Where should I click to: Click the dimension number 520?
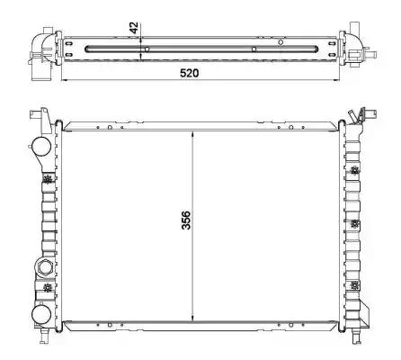tap(189, 73)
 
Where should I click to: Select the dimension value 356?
tap(186, 220)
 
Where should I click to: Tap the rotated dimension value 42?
tap(134, 28)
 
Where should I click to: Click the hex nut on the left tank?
tap(44, 267)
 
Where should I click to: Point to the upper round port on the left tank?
tap(41, 146)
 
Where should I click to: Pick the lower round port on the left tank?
tap(41, 315)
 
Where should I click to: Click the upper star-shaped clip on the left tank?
tap(48, 180)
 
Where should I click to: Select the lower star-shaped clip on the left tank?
tap(48, 288)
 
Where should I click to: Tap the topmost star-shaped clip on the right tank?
tap(355, 171)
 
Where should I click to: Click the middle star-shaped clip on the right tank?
tap(355, 223)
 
